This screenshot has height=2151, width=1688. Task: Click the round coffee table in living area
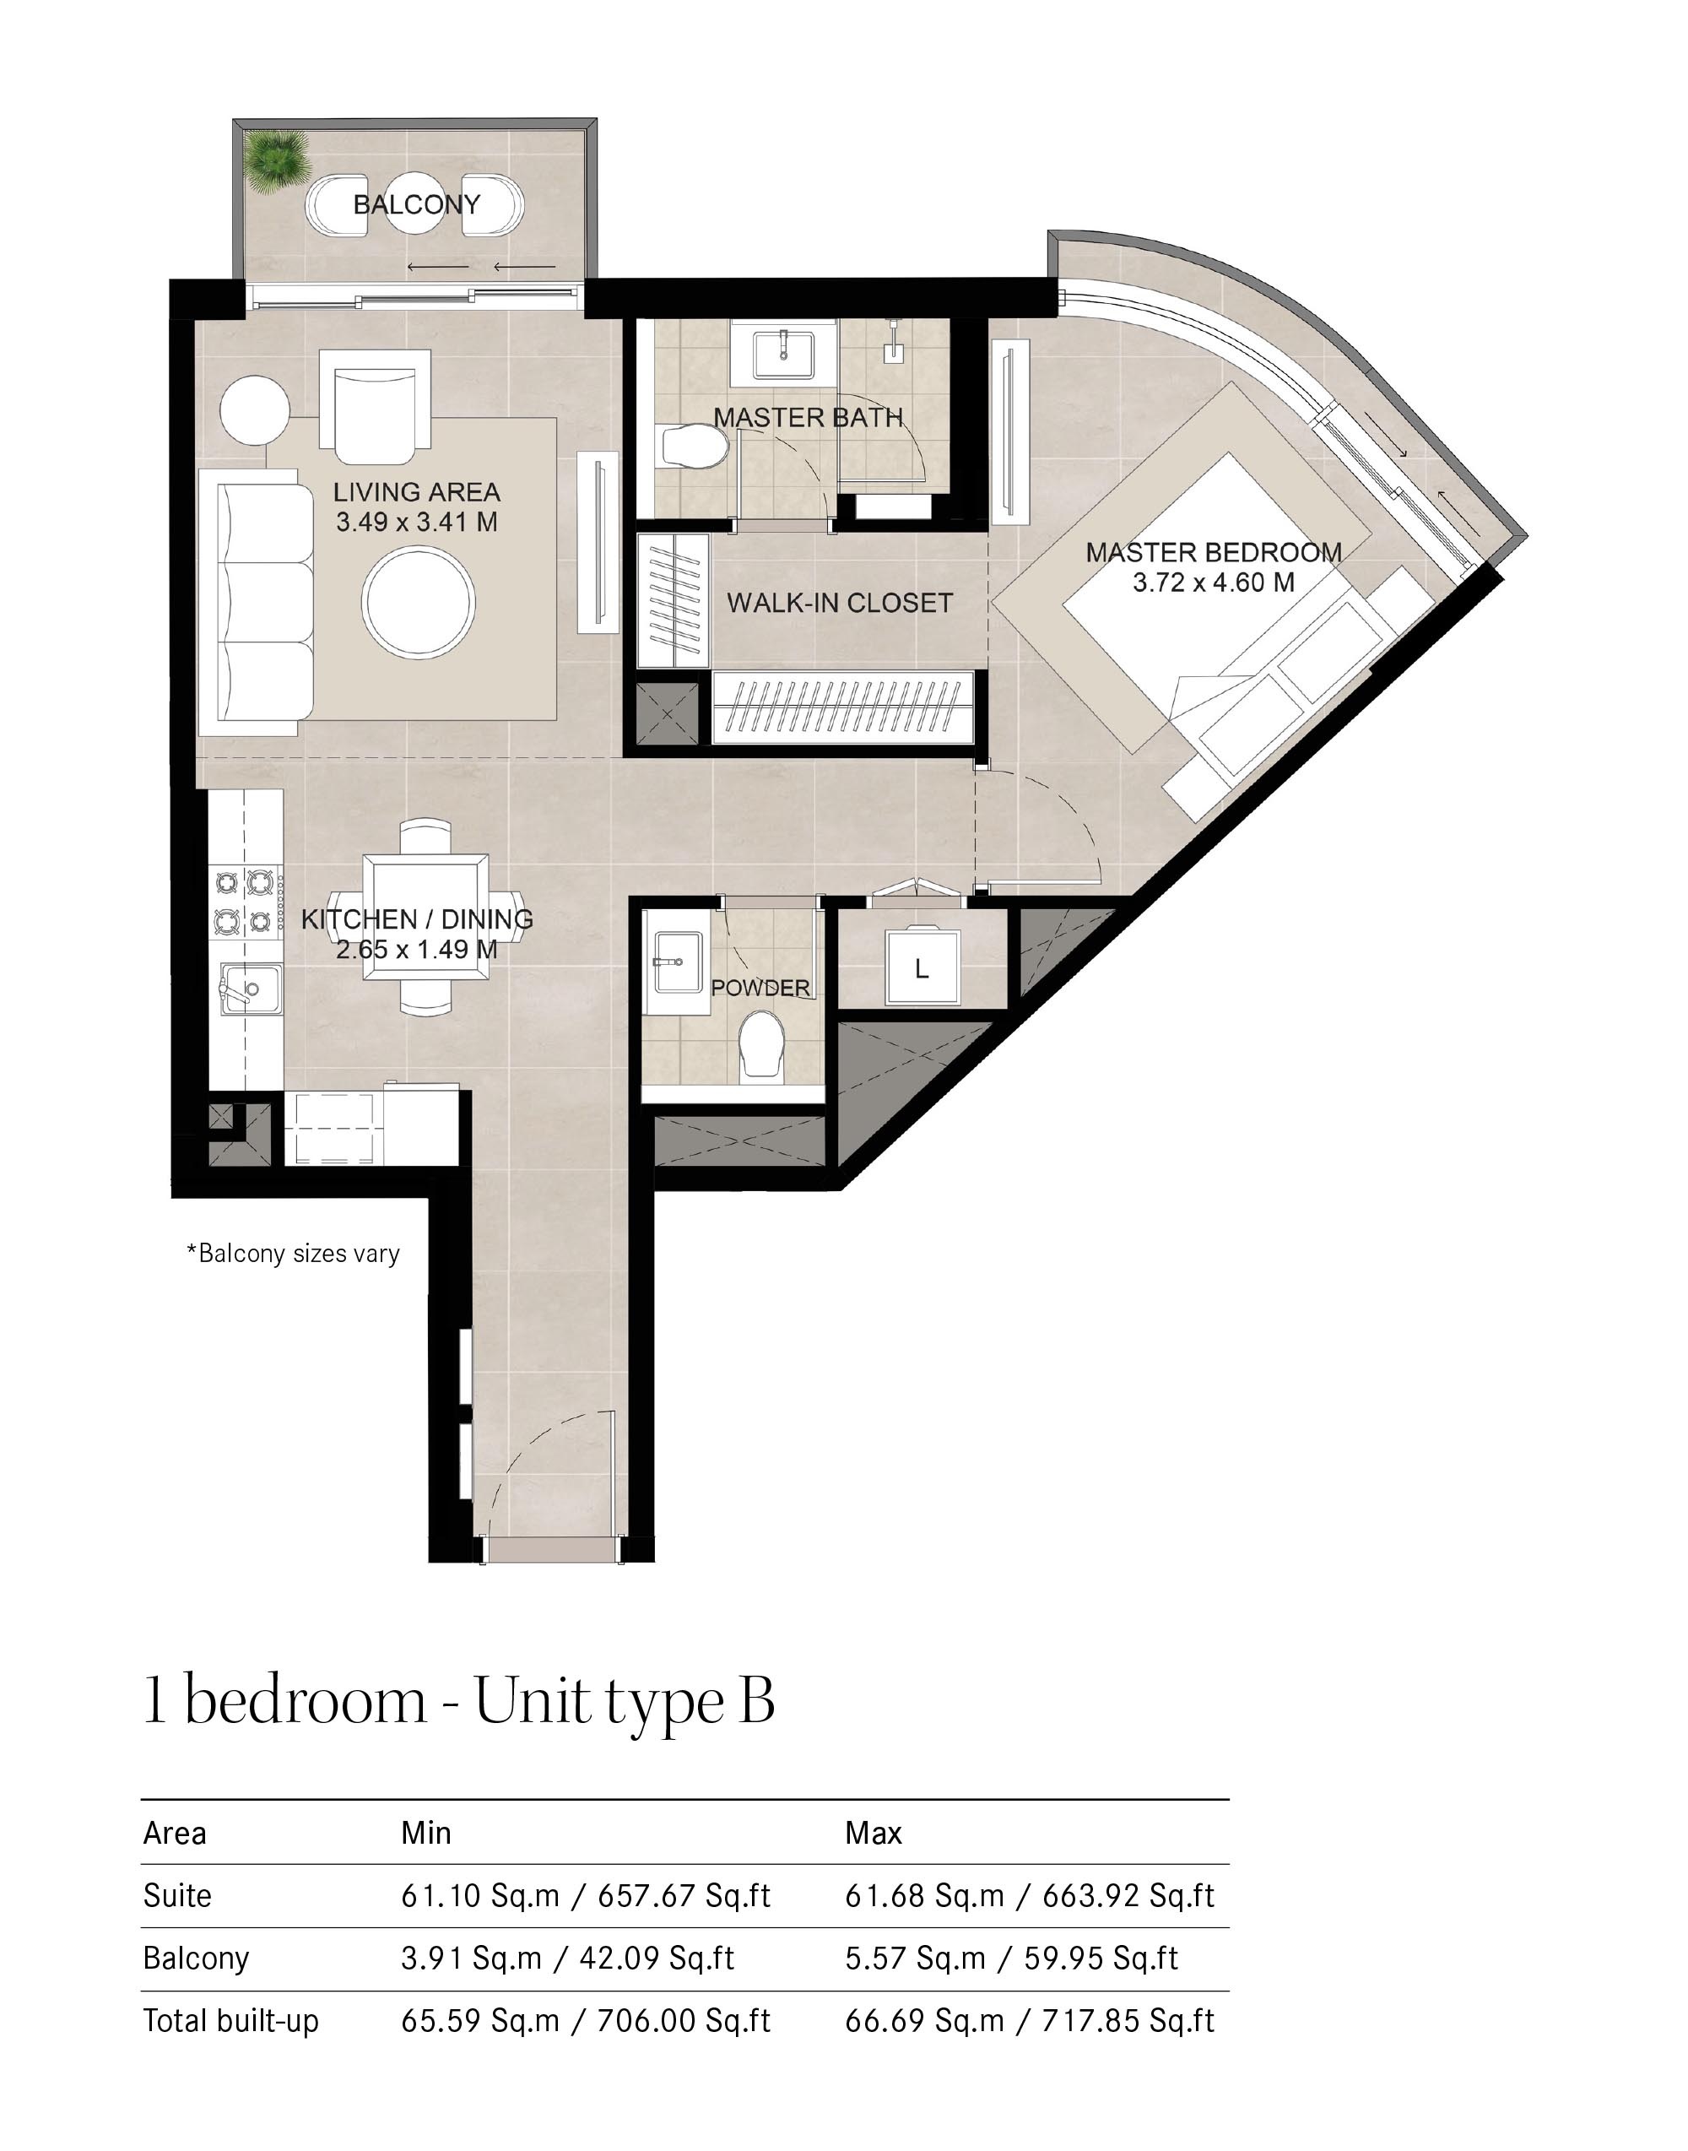pyautogui.click(x=418, y=601)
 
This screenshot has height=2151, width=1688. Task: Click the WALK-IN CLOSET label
pyautogui.click(x=839, y=603)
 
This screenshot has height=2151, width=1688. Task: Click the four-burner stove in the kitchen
pyautogui.click(x=243, y=901)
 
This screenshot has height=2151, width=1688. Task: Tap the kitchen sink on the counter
pyautogui.click(x=248, y=988)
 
